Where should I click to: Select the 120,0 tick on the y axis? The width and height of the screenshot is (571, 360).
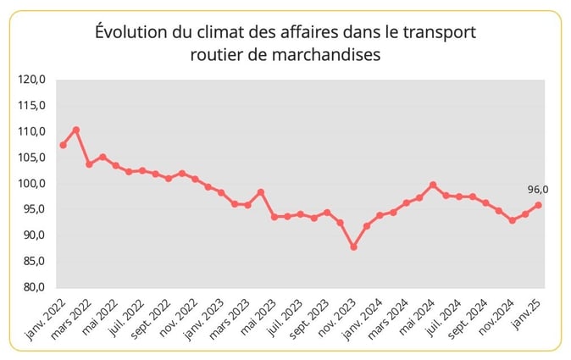32,80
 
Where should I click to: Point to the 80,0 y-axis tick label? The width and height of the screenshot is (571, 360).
32,287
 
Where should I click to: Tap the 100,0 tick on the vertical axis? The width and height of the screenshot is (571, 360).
32,183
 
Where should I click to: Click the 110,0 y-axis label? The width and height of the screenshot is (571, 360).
32,131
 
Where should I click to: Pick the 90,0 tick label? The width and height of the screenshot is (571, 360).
32,235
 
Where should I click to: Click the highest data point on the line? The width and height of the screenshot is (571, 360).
76,130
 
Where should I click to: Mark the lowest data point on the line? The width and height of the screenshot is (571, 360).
353,246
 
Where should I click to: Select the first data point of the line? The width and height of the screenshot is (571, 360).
63,145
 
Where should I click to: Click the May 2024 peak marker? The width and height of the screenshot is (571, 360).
433,185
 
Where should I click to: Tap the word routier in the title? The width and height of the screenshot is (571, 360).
218,54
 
